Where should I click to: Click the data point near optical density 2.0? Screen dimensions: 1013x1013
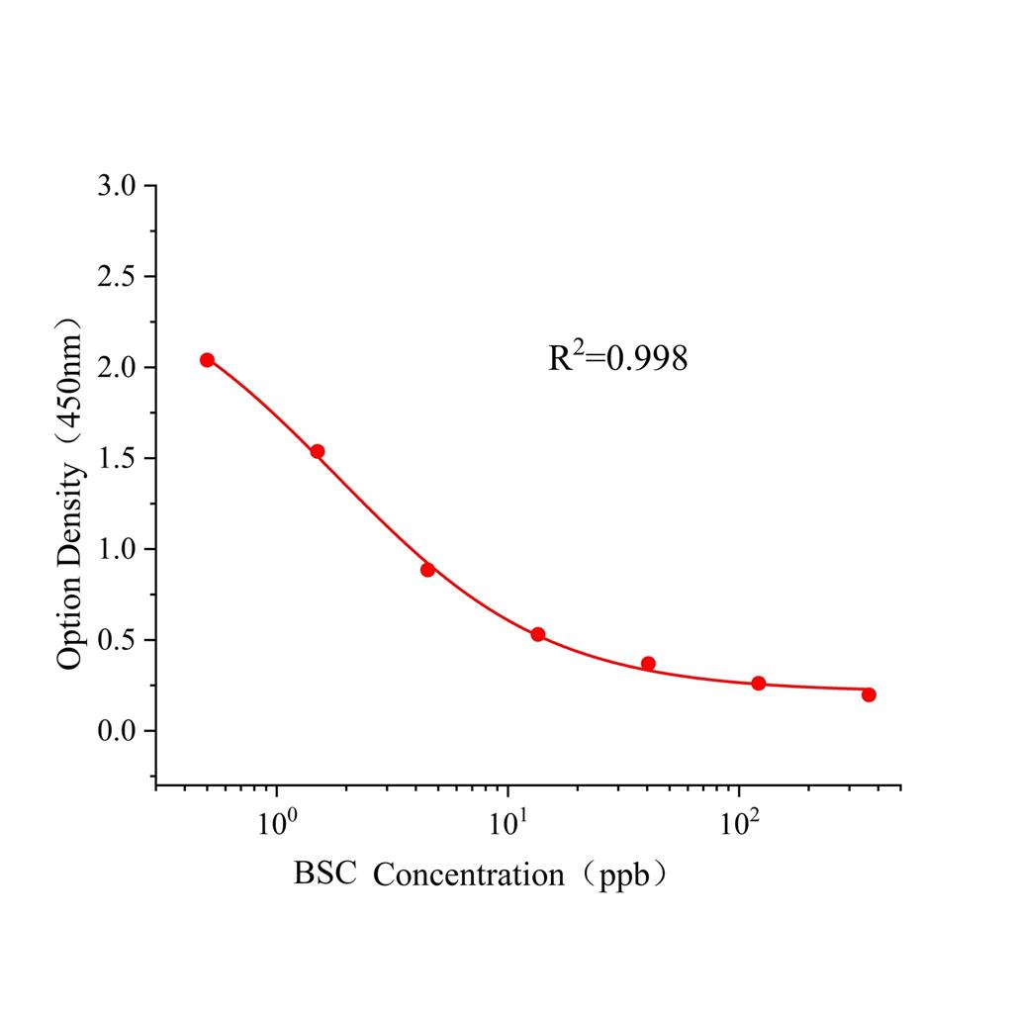[x=207, y=360]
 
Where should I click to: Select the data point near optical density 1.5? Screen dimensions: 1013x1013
[x=318, y=451]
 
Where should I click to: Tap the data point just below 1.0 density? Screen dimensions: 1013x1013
[x=427, y=570]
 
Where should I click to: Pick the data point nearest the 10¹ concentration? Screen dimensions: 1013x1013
[x=538, y=634]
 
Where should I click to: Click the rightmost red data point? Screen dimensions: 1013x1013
[x=869, y=694]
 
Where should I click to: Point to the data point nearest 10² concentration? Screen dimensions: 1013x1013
[x=759, y=684]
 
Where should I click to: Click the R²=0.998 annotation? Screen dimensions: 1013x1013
[x=618, y=357]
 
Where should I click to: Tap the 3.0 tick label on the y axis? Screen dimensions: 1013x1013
[x=121, y=186]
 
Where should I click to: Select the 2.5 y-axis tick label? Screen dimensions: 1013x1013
[x=121, y=277]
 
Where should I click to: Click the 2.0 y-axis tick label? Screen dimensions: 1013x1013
[x=121, y=368]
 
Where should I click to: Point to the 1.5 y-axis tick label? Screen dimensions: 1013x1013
[x=121, y=459]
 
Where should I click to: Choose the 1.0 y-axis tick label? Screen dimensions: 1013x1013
[x=121, y=550]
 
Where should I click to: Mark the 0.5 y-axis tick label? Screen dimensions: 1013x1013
[x=121, y=641]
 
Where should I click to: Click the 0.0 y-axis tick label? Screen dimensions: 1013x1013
[x=121, y=732]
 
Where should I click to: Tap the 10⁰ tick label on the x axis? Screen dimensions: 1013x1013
[x=276, y=824]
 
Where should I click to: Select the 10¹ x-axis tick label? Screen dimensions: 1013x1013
[x=507, y=824]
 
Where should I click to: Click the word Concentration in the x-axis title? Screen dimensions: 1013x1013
[x=467, y=875]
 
